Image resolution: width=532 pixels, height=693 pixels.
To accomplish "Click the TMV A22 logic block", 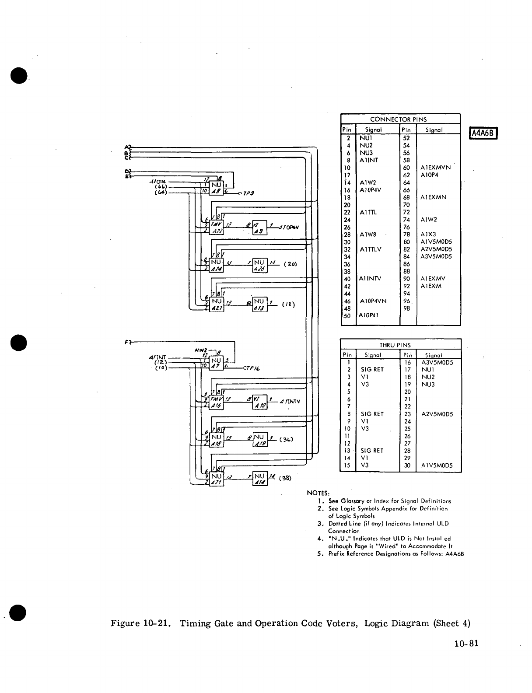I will point(216,227).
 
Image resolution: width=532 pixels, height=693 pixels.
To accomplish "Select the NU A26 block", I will point(259,265).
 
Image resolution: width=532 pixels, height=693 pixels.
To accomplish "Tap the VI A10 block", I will point(260,402).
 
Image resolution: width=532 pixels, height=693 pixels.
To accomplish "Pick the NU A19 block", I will point(259,440).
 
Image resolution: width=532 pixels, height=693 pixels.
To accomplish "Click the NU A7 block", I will point(216,363).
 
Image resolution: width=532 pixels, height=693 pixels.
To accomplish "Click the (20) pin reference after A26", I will point(290,264).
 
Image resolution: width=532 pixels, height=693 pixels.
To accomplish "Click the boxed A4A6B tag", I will point(484,133).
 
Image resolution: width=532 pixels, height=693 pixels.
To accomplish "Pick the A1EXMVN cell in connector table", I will point(435,167).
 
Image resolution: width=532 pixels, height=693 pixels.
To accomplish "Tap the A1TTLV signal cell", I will point(370,249).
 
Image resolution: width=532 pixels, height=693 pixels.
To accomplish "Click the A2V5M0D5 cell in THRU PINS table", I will point(437,414).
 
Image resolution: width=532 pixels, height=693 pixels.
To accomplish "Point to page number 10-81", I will point(466,643).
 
